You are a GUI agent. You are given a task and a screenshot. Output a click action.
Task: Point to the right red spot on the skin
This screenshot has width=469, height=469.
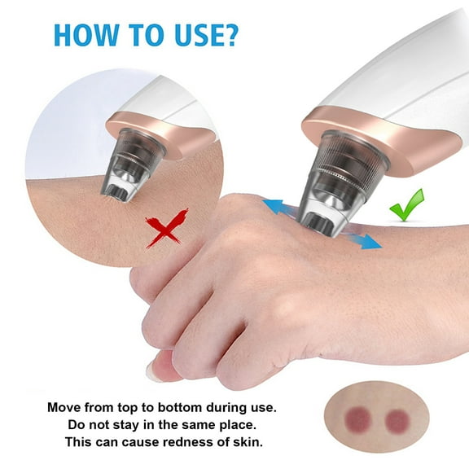click(x=397, y=420)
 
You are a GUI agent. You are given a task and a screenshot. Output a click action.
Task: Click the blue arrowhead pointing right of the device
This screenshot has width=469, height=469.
click(x=371, y=241)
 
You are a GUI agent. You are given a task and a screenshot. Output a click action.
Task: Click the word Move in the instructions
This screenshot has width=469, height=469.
click(x=65, y=406)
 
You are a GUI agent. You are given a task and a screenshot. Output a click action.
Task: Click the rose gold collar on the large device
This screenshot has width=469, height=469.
click(x=383, y=142)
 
